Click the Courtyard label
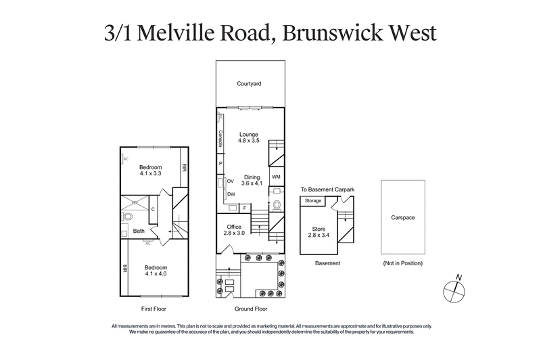[249, 84]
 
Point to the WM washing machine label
[276, 177]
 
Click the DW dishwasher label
[231, 194]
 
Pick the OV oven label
[231, 181]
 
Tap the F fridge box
[245, 208]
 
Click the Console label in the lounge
[220, 138]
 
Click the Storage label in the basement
[313, 201]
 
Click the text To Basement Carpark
[327, 191]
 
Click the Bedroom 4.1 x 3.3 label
[151, 171]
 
